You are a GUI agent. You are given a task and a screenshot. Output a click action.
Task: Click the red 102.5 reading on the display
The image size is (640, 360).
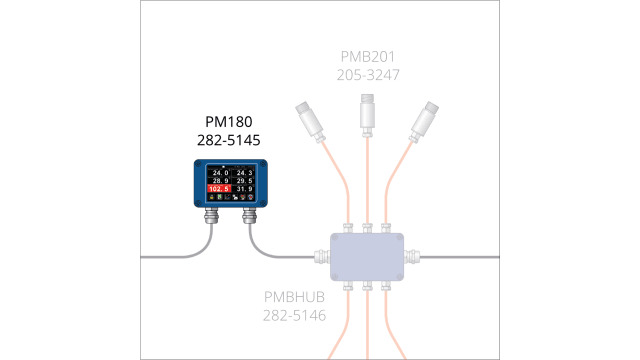(x=219, y=188)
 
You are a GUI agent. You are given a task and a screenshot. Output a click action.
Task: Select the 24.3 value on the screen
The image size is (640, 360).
(x=245, y=172)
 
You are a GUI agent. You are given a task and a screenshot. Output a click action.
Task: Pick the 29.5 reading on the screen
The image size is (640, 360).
(x=245, y=180)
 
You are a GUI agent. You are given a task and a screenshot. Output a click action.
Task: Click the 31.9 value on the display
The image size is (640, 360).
(x=245, y=188)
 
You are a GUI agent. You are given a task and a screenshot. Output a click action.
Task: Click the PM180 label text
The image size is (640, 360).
(x=228, y=121)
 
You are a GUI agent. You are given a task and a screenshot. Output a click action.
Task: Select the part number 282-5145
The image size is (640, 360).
(x=228, y=140)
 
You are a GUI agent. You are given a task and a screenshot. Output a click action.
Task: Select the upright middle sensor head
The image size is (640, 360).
(x=368, y=112)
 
